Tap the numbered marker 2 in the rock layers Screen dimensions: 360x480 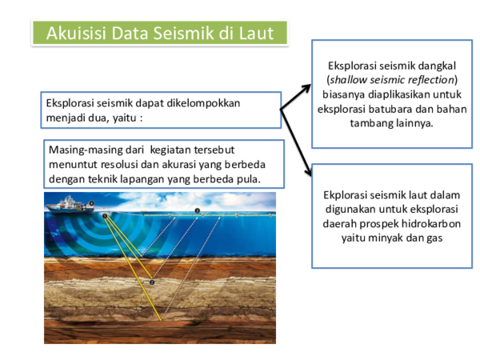click(151, 282)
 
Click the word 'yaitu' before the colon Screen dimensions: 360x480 click(126, 118)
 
